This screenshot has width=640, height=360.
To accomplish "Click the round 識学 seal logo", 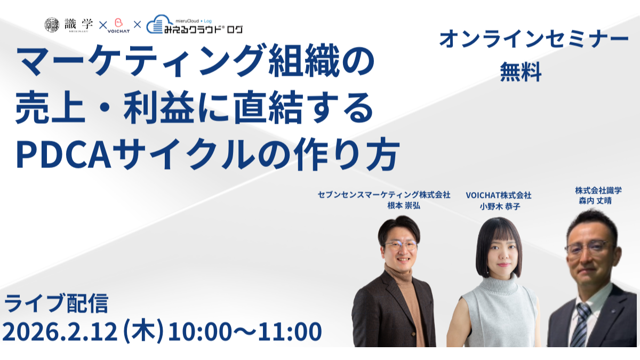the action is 52,25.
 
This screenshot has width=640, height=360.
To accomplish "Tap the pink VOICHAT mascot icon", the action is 118,22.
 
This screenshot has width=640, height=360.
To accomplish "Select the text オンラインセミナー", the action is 534,39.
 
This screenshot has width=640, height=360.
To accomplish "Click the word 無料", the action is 521,71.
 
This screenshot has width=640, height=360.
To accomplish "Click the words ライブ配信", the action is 57,303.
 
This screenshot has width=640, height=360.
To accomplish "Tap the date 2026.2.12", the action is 60,331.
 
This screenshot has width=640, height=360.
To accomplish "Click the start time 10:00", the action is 200,331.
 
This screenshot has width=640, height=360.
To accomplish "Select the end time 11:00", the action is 290,331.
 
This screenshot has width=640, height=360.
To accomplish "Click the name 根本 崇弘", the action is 404,205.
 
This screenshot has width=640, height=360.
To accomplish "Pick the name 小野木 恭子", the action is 500,206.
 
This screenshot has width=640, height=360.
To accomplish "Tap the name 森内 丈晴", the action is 595,201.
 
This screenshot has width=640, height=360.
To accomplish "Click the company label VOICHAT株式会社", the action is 499,195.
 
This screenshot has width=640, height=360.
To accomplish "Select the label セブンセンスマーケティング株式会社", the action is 384,195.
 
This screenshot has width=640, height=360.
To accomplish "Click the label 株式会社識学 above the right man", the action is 598,190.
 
